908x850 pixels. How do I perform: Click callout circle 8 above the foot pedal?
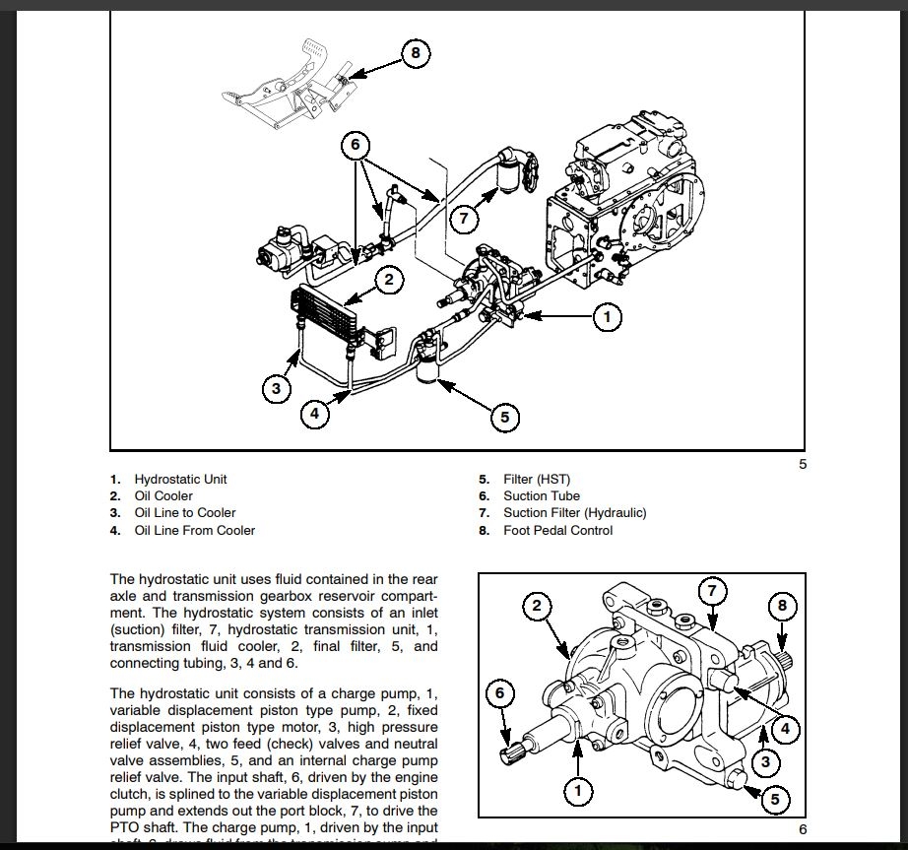click(416, 53)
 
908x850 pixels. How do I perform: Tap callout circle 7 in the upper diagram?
click(464, 218)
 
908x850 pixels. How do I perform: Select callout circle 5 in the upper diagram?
click(504, 418)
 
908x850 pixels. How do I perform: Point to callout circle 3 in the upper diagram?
click(277, 388)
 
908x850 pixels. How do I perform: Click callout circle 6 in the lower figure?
click(499, 693)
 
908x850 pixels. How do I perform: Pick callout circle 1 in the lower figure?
click(577, 790)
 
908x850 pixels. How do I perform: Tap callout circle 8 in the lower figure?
click(783, 606)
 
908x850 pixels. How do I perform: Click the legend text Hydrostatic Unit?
click(180, 479)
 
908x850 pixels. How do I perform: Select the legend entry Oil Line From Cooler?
click(194, 530)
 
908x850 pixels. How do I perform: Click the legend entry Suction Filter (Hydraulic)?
click(574, 512)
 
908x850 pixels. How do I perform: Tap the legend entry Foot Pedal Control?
click(557, 530)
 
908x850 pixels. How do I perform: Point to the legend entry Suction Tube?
click(542, 495)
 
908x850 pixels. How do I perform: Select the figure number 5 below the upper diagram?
click(803, 464)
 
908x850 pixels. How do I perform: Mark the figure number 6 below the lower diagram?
click(803, 829)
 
